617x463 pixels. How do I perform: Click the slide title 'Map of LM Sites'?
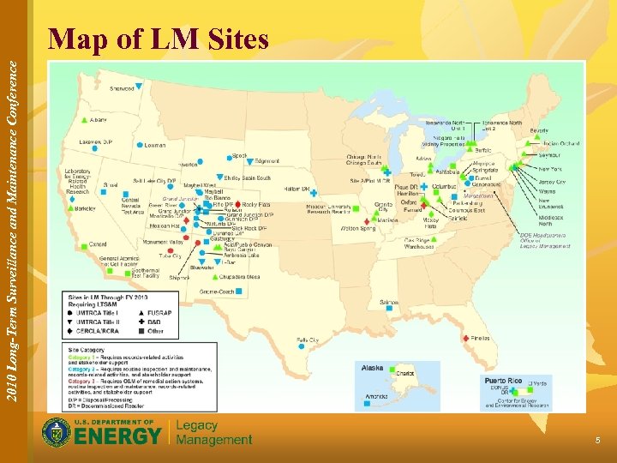coord(159,39)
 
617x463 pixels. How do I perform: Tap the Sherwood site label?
coord(122,88)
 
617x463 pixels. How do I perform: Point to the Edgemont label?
coord(267,161)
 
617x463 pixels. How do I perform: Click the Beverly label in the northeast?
coord(539,130)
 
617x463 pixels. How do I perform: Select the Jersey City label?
coord(551,182)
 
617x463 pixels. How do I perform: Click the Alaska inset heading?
coord(373,367)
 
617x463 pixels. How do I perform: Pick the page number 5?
coord(598,440)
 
